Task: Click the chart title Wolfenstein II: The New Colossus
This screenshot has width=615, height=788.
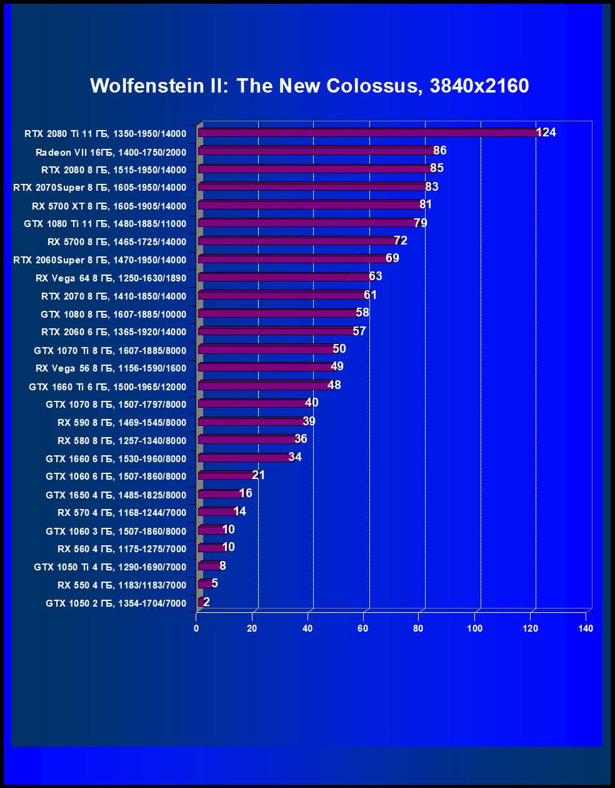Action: (x=309, y=86)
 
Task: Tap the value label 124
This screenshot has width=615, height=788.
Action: (x=546, y=132)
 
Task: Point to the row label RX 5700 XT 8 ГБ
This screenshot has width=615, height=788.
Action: (x=109, y=206)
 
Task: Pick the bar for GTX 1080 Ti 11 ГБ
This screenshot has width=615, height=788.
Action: (x=306, y=223)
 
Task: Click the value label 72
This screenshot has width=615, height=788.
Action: (x=401, y=241)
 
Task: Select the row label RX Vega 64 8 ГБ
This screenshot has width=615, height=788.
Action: (x=111, y=278)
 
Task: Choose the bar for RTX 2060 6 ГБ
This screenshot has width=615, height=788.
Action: (x=276, y=331)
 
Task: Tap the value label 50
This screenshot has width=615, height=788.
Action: (x=339, y=348)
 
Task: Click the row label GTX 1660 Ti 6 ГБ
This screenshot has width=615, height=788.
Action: (x=107, y=386)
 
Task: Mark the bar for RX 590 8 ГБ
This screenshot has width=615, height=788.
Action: (x=251, y=422)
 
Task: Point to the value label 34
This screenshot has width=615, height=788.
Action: (x=295, y=457)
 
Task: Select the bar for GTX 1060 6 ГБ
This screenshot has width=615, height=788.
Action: (x=226, y=476)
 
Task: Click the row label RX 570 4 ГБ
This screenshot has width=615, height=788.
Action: (x=122, y=512)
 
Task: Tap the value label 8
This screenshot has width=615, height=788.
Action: (x=222, y=566)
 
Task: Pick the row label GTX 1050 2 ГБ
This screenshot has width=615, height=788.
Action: (x=116, y=603)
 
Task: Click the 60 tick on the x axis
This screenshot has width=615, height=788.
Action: (x=363, y=628)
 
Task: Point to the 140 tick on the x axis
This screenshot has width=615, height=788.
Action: (x=586, y=628)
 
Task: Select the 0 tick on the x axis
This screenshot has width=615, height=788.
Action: (x=196, y=628)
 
